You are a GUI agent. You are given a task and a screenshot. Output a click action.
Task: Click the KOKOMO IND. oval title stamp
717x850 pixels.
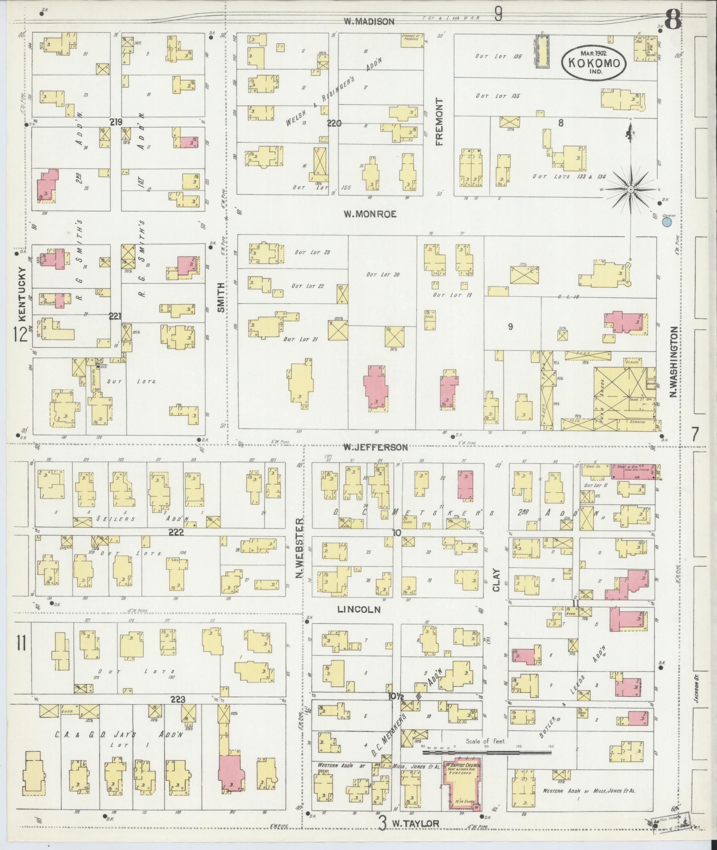point(593,63)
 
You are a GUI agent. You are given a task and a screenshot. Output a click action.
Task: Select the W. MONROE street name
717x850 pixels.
point(370,214)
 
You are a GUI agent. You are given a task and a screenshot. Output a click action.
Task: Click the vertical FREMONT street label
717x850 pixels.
point(440,122)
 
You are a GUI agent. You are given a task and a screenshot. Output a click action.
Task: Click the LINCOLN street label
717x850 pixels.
point(359,610)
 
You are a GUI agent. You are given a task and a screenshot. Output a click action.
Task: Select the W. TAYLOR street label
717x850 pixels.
point(415,823)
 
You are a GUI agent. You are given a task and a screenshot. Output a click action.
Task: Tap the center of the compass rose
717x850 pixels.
point(630,190)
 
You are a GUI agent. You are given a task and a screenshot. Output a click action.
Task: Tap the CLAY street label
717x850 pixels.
point(496,580)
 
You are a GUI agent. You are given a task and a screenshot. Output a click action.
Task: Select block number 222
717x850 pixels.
point(176,532)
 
